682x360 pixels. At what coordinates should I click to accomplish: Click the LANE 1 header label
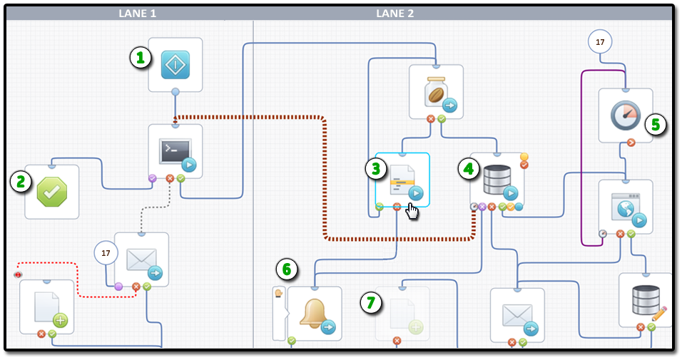138,14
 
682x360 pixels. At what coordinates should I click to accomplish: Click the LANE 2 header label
395,14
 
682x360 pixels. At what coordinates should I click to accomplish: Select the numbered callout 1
141,58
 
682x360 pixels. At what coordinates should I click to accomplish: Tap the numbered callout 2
21,182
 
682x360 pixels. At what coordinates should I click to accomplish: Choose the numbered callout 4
468,169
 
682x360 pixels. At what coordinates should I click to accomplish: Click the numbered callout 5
656,124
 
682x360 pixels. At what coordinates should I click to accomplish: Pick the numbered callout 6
287,269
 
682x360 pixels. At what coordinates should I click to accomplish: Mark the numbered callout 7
370,302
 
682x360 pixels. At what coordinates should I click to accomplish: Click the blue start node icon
175,64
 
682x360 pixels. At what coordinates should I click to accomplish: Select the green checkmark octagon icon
52,192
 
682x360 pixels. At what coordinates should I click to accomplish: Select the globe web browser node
626,207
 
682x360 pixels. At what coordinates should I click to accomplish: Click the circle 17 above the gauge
600,42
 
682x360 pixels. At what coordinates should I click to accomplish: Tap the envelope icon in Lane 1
141,259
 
